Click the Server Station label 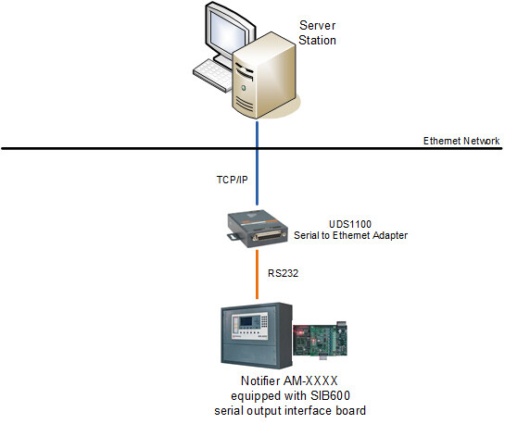[x=317, y=32]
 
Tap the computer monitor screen [x=227, y=30]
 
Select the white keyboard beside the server [x=213, y=75]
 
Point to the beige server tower [x=264, y=75]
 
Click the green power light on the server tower [x=244, y=87]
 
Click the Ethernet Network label [x=461, y=141]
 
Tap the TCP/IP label [x=233, y=180]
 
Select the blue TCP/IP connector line [x=257, y=163]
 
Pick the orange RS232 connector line [x=257, y=275]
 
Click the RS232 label [x=284, y=273]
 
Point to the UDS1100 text [x=350, y=224]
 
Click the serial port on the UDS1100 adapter [x=270, y=236]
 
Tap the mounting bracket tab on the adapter [x=234, y=236]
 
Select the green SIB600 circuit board [x=320, y=340]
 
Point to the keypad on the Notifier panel [x=264, y=321]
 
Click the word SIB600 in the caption [x=330, y=395]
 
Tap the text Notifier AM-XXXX [x=289, y=380]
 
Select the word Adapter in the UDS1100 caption [x=390, y=235]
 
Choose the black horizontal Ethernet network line [x=252, y=149]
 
